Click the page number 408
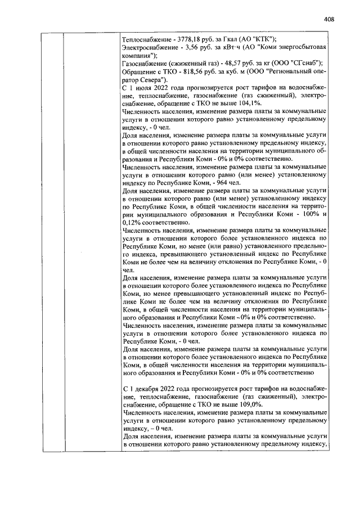click(330, 19)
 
